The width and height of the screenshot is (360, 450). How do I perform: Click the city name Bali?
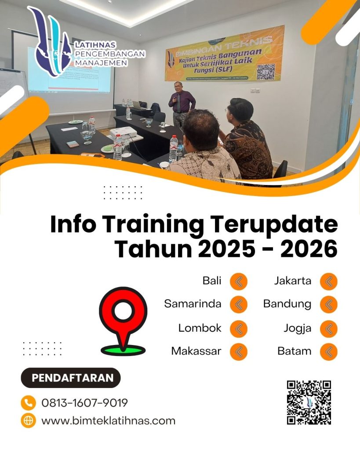coord(212,281)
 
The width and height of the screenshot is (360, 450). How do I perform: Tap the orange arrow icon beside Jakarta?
coord(328,281)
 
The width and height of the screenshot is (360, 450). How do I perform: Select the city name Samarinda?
coord(193,304)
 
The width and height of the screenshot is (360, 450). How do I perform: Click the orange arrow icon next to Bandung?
coord(328,304)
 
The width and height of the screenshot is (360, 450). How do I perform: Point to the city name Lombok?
coord(200,328)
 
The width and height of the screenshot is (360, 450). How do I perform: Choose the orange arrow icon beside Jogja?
coord(328,328)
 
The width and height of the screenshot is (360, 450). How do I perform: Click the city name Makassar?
coord(196,351)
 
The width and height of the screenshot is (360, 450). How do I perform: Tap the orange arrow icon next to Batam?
coord(328,351)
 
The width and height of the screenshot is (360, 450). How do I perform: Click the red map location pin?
coord(123,314)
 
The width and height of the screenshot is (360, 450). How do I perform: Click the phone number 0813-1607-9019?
coord(84,403)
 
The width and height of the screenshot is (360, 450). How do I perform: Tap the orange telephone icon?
coord(28,403)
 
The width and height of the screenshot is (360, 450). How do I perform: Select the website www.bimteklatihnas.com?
coord(108,421)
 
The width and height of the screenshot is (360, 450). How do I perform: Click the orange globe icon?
coord(28,421)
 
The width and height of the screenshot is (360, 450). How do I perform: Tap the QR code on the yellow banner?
coord(265,71)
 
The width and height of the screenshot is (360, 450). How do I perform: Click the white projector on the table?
coord(122,132)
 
